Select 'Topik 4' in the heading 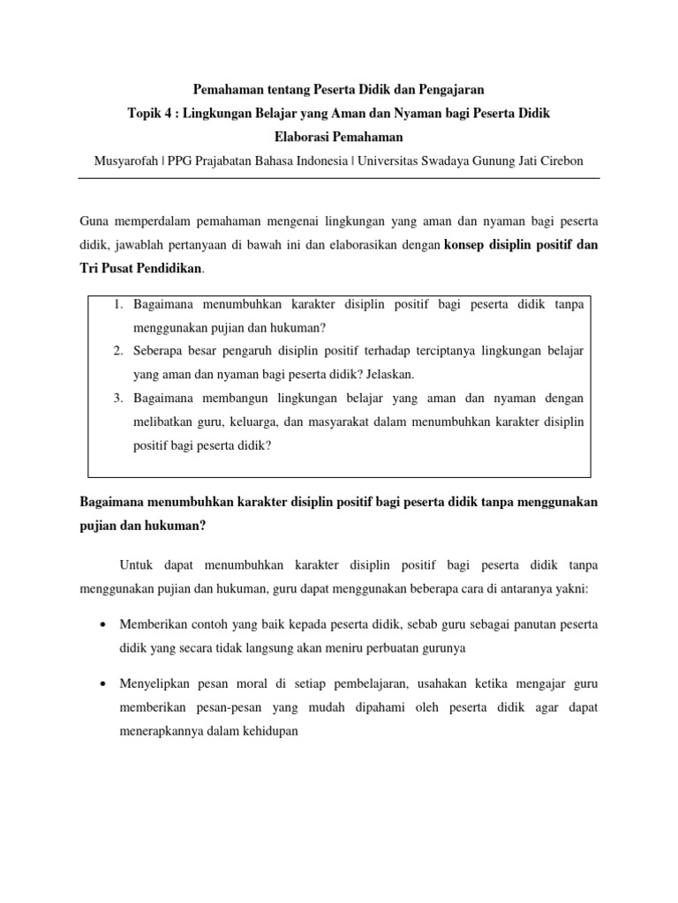[150, 114]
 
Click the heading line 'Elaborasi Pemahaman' [338, 137]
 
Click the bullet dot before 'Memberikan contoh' [104, 624]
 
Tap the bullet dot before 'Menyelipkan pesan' [104, 684]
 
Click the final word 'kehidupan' [271, 731]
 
